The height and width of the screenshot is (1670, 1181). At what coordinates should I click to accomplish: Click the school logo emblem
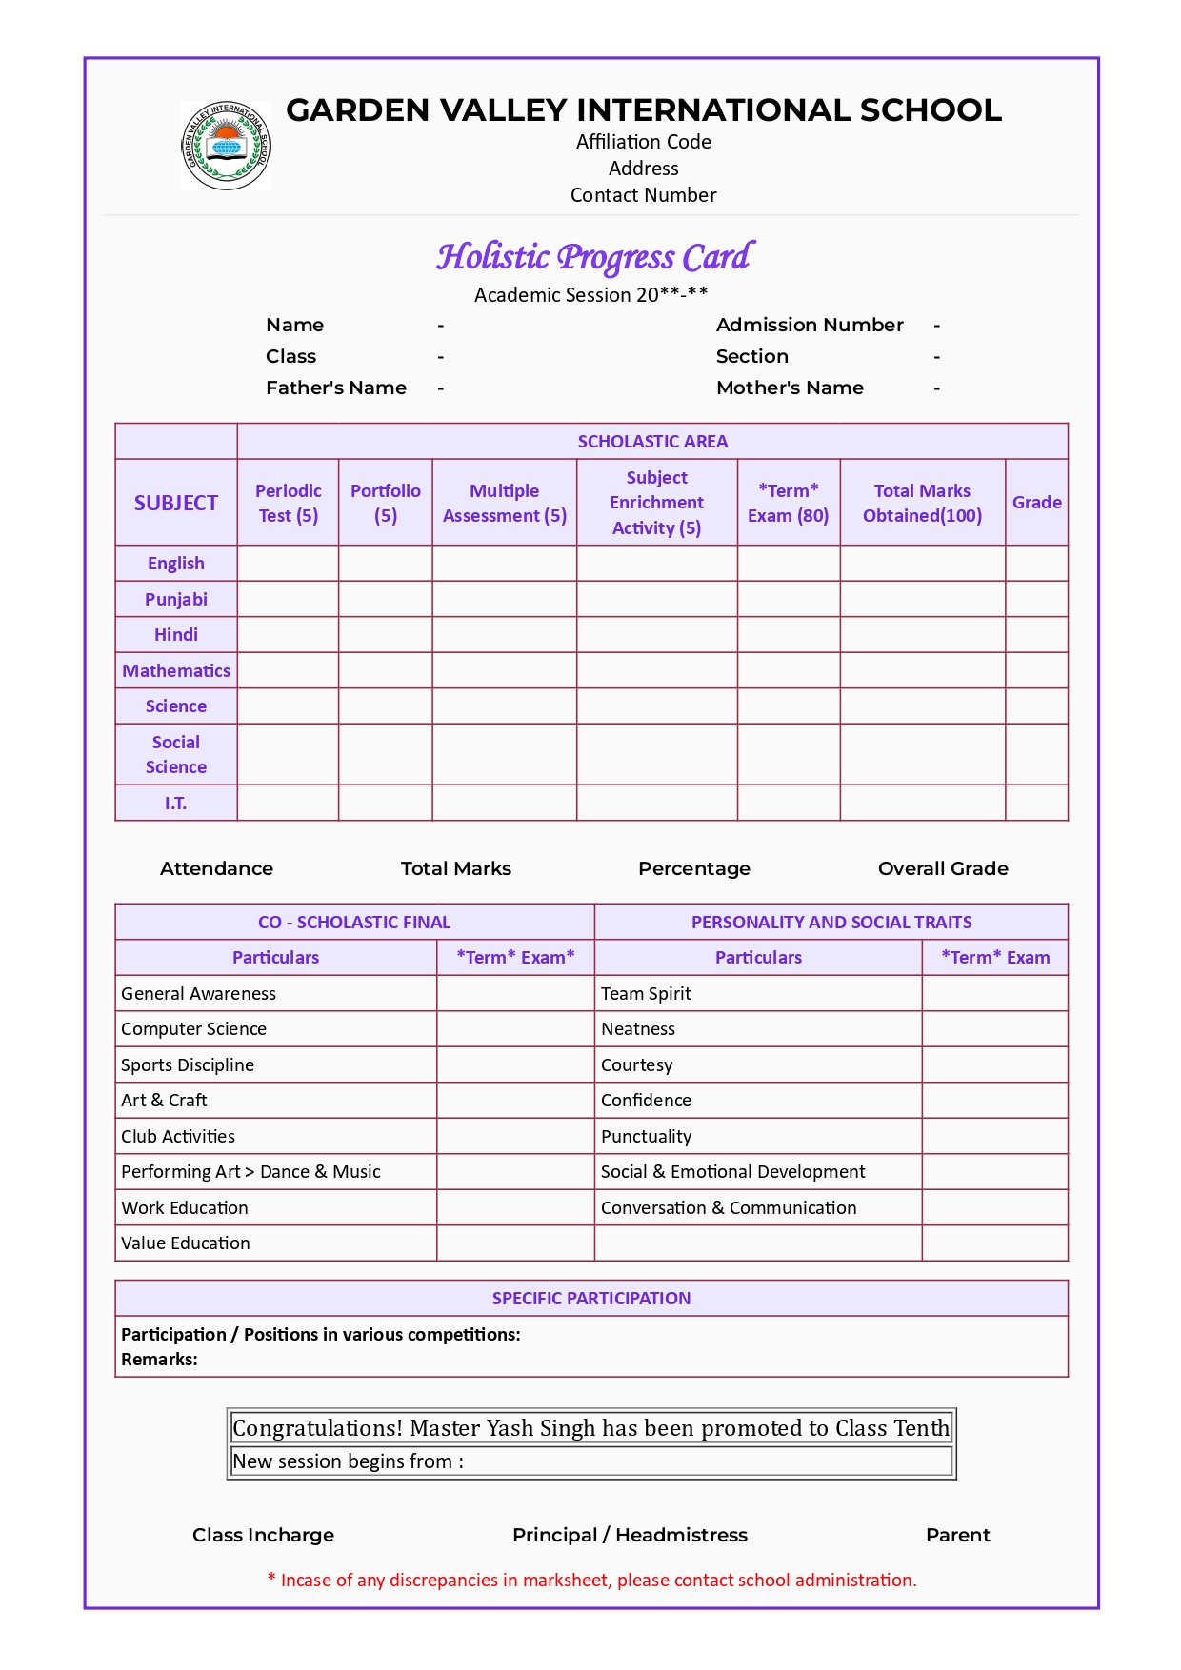pyautogui.click(x=227, y=146)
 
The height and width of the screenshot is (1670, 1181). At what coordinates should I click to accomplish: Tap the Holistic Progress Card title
pyautogui.click(x=594, y=257)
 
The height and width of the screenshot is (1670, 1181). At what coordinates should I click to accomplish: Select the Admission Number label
pyautogui.click(x=810, y=325)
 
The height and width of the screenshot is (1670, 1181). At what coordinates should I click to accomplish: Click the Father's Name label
pyautogui.click(x=335, y=388)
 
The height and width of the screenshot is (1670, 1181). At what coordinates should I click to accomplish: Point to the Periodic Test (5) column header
pyautogui.click(x=288, y=503)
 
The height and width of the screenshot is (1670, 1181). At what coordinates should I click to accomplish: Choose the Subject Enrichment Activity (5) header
pyautogui.click(x=656, y=503)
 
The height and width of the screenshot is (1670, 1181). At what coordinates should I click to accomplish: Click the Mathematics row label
pyautogui.click(x=176, y=670)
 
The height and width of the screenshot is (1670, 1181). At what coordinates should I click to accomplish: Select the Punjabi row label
pyautogui.click(x=176, y=599)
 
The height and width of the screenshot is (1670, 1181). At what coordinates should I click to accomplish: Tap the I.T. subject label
pyautogui.click(x=175, y=803)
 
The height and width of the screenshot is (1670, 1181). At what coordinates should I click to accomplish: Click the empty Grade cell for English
pyautogui.click(x=1036, y=563)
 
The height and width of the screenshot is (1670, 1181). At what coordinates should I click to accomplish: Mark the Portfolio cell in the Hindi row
pyautogui.click(x=385, y=634)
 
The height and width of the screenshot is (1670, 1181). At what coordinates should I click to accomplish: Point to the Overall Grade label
pyautogui.click(x=942, y=868)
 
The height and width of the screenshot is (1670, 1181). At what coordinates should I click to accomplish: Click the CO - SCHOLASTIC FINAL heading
pyautogui.click(x=354, y=922)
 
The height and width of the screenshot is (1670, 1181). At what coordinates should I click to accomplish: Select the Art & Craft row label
pyautogui.click(x=164, y=1100)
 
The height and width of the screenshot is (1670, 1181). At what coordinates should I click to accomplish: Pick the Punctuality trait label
pyautogui.click(x=646, y=1136)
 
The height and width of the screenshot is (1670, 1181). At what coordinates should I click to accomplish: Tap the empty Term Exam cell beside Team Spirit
pyautogui.click(x=994, y=993)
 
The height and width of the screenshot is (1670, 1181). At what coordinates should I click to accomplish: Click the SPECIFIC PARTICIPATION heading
pyautogui.click(x=591, y=1298)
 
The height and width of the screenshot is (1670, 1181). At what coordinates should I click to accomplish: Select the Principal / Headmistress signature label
pyautogui.click(x=630, y=1535)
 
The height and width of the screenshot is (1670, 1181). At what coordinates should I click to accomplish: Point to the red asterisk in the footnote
pyautogui.click(x=271, y=1578)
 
